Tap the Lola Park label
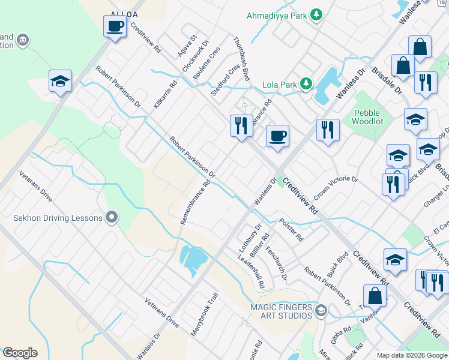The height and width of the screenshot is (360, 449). [x=279, y=85]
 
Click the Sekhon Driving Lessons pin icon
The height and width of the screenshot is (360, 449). [x=111, y=217]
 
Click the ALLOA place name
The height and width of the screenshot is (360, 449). [x=124, y=14]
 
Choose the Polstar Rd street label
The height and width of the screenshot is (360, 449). [x=292, y=230]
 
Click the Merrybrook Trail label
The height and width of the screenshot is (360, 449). [x=203, y=317]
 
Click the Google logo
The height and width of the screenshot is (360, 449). [x=20, y=353]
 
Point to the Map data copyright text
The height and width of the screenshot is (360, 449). [x=411, y=355]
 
